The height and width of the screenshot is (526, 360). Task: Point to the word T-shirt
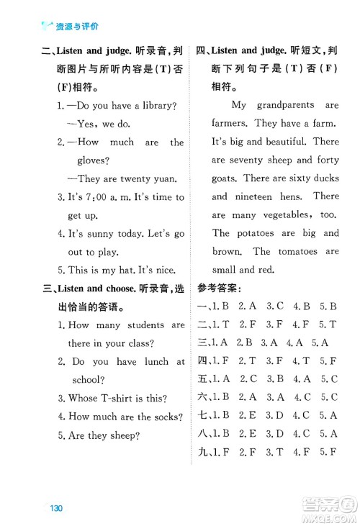pyautogui.click(x=115, y=399)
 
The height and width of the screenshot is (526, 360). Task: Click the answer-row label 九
pyautogui.click(x=201, y=452)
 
